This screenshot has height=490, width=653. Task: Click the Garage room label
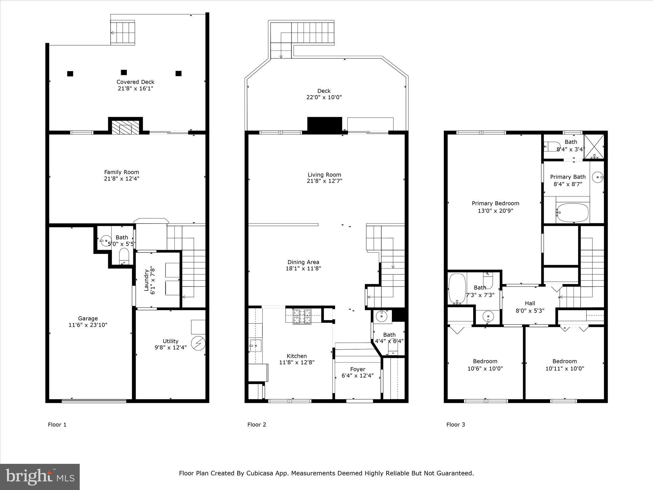(88, 318)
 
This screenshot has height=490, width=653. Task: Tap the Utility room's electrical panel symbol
(198, 344)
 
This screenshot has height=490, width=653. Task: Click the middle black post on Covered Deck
(124, 72)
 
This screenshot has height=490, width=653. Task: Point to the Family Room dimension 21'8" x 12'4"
(121, 179)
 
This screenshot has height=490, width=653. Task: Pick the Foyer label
(357, 369)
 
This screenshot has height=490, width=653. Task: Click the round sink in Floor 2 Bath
(381, 316)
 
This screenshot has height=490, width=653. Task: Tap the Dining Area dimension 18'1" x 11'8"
(303, 269)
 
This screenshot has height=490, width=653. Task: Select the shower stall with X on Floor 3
(594, 146)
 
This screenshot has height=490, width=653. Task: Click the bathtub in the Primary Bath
(573, 213)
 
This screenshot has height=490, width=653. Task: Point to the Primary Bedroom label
(495, 203)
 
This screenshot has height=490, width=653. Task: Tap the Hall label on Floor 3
(530, 303)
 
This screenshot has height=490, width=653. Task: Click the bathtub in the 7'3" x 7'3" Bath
(457, 288)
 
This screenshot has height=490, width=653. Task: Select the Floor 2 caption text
(256, 424)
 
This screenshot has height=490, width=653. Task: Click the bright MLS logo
(40, 477)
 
